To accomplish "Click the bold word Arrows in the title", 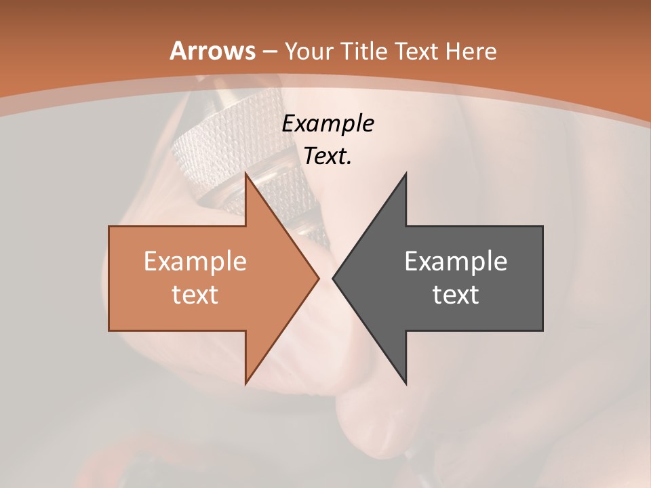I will coord(213,51).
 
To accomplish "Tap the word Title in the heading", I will coord(363,52).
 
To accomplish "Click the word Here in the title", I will coord(472,52).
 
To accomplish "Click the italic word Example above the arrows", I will coord(328,124).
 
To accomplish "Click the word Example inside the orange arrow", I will coord(195,262).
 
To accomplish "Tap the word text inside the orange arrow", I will coord(195,295).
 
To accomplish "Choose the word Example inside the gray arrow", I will coord(456,262).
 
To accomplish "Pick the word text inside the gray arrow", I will coord(456,295).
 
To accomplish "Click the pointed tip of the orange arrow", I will coord(318,278).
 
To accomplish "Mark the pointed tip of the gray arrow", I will coord(334,278).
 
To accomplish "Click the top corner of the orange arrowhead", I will coord(246,174).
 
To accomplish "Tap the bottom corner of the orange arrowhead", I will coord(246,383).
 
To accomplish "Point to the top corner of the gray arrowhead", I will coord(406,174).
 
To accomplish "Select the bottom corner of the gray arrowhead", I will coord(406,383).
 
